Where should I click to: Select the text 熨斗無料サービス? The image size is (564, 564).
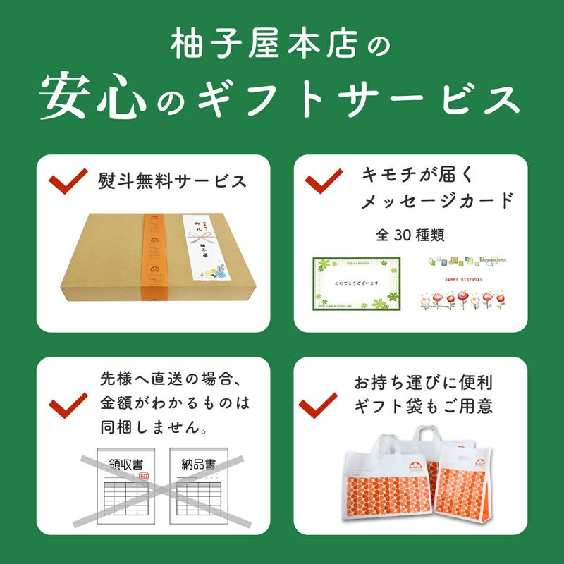[x=173, y=182]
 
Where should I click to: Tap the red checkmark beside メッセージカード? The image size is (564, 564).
[x=324, y=182]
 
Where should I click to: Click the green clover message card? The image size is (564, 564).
[x=356, y=284]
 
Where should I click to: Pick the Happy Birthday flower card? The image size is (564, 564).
[x=465, y=284]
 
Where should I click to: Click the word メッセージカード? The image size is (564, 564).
[x=437, y=202]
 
